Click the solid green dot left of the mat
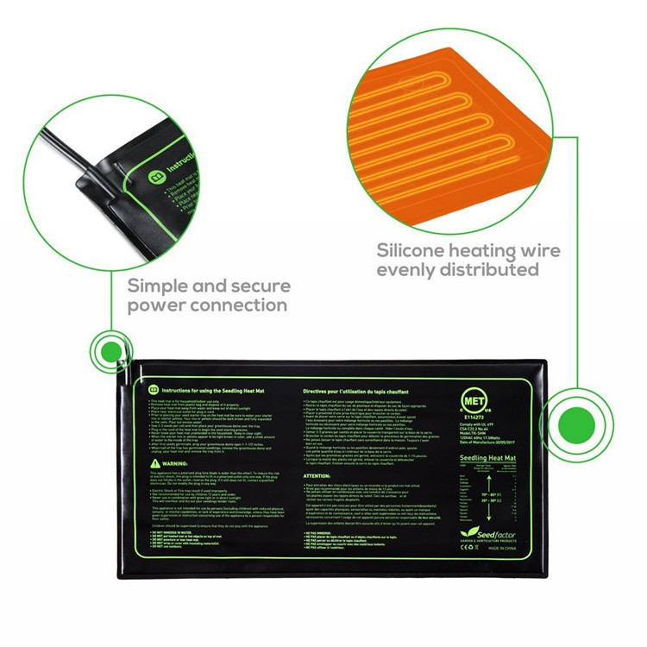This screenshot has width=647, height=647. (x=110, y=351)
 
